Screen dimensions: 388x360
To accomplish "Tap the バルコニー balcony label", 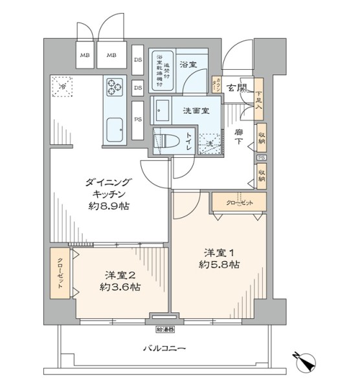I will coord(164,349).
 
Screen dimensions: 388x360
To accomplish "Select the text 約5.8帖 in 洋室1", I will coord(219,264).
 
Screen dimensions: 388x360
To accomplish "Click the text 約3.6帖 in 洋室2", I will coord(119,286).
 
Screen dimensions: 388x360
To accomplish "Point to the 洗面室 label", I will coord(196,111).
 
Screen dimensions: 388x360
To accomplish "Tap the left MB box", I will coord(85,56).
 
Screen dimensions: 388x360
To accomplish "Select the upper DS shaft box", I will coord(138,59).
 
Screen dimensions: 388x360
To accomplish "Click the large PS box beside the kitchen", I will coord(138,120).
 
